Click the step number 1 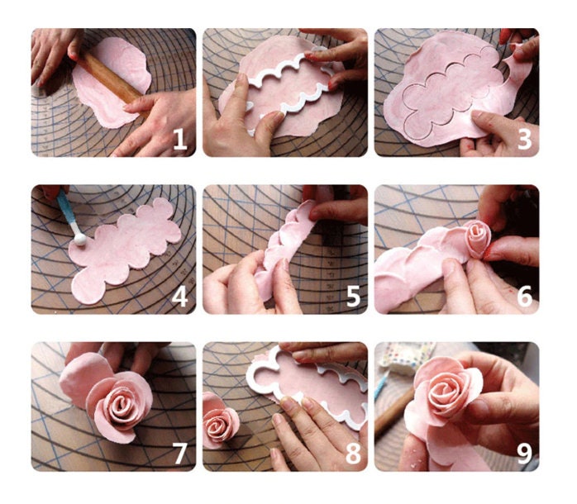click(180, 139)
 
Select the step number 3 click(524, 139)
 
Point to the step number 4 click(180, 297)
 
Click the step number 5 click(353, 297)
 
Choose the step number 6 click(524, 297)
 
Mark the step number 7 click(180, 454)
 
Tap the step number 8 click(353, 454)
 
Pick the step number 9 click(524, 454)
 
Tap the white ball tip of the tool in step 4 click(80, 240)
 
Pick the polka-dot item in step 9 click(407, 357)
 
